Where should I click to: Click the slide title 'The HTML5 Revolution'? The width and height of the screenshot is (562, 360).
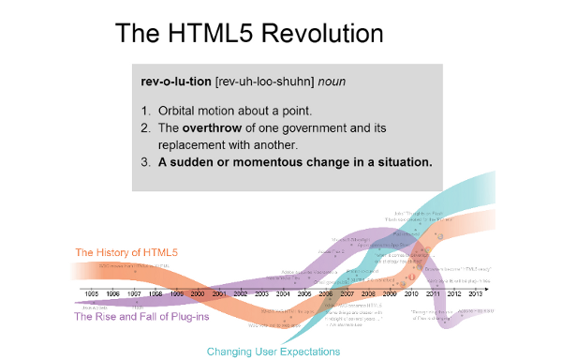(249, 33)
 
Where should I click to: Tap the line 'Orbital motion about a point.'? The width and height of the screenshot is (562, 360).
(234, 110)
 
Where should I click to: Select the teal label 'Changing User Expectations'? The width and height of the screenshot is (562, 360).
(274, 352)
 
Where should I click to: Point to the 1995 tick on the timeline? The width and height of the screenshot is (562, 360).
(91, 294)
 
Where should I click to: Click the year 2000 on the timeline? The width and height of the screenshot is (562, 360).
(198, 294)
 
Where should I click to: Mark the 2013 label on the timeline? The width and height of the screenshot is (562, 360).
(476, 294)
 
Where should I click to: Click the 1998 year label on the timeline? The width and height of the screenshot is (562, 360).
(155, 294)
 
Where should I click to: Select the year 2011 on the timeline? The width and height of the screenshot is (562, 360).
(433, 294)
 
